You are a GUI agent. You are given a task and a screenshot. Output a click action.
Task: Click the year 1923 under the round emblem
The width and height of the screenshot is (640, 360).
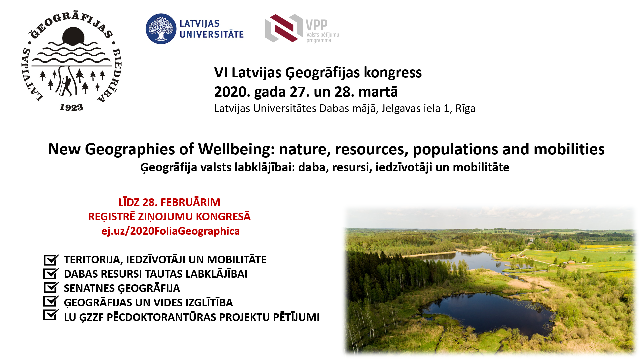[x=71, y=108]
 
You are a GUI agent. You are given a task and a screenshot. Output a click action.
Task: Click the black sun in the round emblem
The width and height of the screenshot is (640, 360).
[x=73, y=36]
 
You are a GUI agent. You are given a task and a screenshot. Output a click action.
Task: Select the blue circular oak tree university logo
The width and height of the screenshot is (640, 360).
[x=161, y=29]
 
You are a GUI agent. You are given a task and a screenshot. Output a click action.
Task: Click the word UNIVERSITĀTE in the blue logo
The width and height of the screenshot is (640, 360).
[x=212, y=34]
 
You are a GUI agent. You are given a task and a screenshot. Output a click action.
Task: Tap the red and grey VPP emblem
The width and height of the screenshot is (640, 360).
[x=284, y=28]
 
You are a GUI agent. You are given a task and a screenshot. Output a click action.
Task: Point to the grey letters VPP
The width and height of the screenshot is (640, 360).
[x=317, y=25]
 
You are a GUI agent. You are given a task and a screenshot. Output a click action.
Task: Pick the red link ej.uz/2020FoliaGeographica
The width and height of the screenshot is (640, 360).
[x=171, y=231]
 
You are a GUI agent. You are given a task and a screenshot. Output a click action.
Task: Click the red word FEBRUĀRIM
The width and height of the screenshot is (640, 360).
[x=190, y=202]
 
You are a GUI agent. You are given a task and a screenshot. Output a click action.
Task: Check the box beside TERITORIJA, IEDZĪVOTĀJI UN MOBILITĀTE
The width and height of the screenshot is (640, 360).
[x=51, y=259]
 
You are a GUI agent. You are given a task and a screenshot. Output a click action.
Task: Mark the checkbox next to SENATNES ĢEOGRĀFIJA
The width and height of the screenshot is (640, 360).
[x=51, y=287]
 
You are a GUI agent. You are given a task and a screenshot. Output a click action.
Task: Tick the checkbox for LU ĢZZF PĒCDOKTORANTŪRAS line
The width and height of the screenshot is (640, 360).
[x=51, y=315]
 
